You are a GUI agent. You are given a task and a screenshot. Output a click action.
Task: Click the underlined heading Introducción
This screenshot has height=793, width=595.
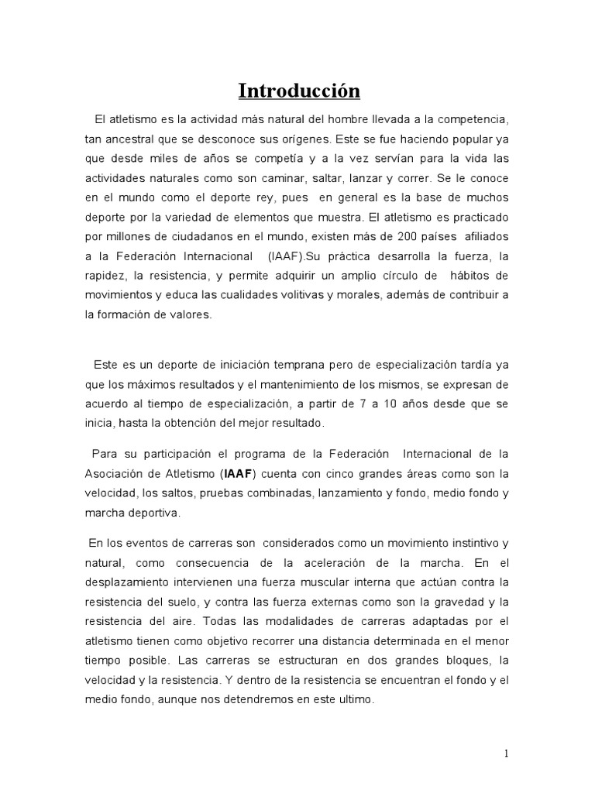pyautogui.click(x=298, y=91)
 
